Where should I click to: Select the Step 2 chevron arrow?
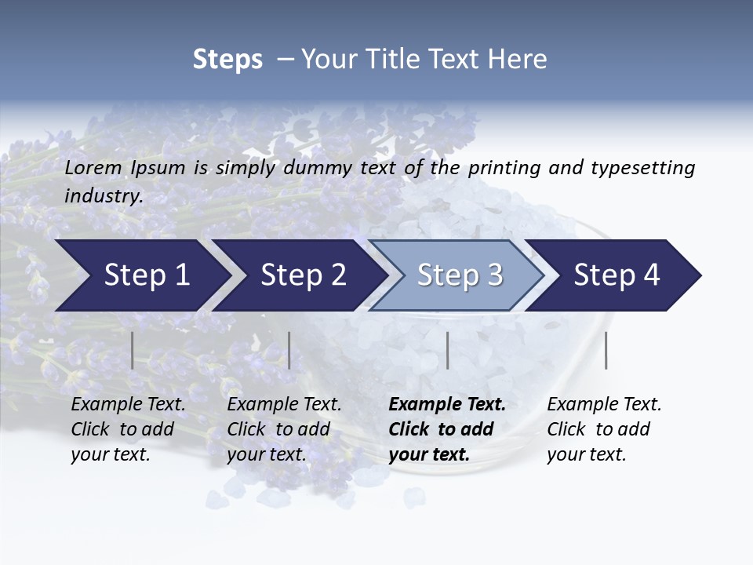pos(303,275)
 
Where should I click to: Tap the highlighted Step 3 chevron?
pos(460,275)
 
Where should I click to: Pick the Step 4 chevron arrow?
pos(617,275)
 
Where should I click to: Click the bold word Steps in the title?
pos(227,60)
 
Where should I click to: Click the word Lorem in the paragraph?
pos(93,167)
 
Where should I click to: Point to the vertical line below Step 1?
pos(133,350)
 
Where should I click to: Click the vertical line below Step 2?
pos(289,350)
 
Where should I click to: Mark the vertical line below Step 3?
pos(448,350)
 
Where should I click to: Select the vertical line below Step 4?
pos(606,350)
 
